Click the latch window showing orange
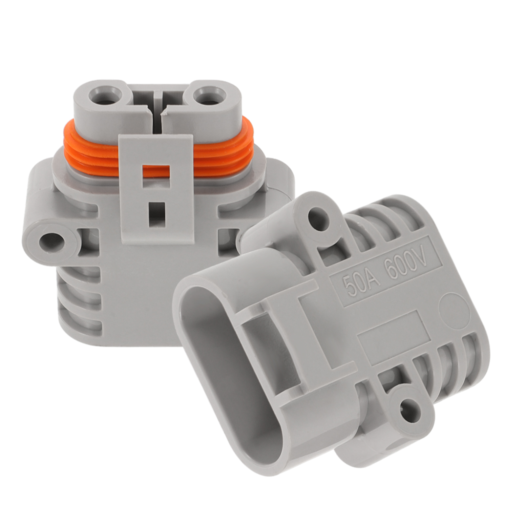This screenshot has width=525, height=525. coord(156,171)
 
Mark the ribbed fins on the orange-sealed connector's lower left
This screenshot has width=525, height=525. coord(79,295)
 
